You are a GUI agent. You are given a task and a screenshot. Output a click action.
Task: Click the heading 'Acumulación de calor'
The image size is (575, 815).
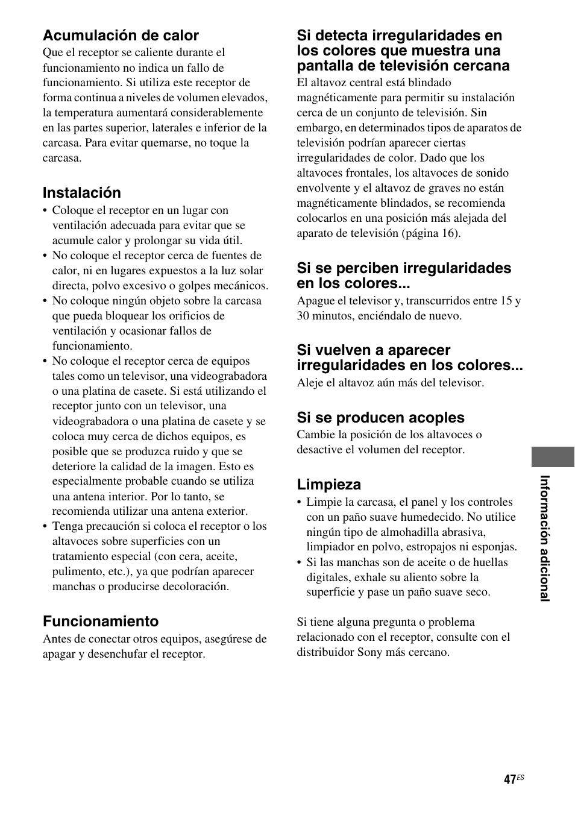tap(121, 36)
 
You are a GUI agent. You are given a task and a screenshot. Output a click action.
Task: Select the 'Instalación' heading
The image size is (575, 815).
tap(81, 193)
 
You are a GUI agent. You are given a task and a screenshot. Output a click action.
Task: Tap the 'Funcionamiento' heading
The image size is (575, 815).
tap(101, 621)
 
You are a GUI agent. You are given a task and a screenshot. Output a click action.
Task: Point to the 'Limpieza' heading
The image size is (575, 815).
tap(328, 485)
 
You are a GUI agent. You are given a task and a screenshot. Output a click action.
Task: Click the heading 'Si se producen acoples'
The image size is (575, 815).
tap(380, 418)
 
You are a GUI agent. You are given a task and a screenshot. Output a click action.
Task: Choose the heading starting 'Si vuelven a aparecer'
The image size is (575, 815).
tap(409, 358)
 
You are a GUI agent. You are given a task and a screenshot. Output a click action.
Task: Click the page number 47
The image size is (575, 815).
tap(509, 779)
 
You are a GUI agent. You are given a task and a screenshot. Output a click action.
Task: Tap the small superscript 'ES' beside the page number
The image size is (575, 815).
tap(520, 777)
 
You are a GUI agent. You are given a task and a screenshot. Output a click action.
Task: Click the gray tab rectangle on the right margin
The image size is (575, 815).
tap(553, 457)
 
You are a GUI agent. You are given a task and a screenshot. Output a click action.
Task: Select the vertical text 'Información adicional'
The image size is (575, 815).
tap(545, 538)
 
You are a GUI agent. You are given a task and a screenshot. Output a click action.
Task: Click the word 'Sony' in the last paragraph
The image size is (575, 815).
tap(370, 652)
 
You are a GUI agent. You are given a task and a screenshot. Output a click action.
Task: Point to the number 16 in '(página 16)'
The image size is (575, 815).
tap(449, 233)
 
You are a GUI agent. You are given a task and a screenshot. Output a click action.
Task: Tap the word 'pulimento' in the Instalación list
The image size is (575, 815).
tap(76, 571)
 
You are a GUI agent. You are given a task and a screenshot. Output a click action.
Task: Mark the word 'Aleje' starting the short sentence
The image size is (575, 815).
tap(310, 383)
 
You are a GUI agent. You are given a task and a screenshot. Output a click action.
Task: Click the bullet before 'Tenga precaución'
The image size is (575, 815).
tap(45, 527)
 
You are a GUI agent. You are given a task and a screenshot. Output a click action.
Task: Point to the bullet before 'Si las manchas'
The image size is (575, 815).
tap(300, 563)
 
